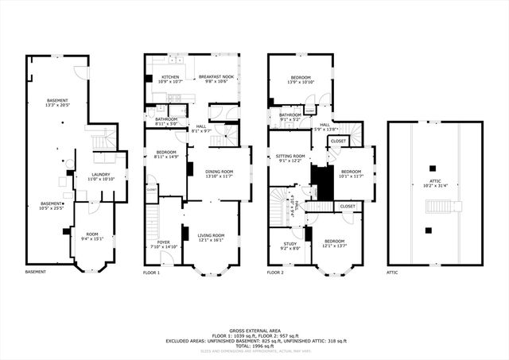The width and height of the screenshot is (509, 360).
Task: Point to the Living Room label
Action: pyautogui.click(x=211, y=237)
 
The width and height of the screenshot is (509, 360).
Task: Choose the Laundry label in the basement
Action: pyautogui.click(x=101, y=176)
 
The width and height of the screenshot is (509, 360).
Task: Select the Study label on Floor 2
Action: pyautogui.click(x=292, y=246)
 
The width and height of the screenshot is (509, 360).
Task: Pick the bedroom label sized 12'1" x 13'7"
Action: pyautogui.click(x=334, y=242)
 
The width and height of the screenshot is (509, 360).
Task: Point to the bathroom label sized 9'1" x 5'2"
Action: pyautogui.click(x=290, y=117)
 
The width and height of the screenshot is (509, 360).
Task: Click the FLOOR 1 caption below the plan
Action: pyautogui.click(x=151, y=273)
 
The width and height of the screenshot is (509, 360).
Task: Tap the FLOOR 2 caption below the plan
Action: pyautogui.click(x=275, y=273)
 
